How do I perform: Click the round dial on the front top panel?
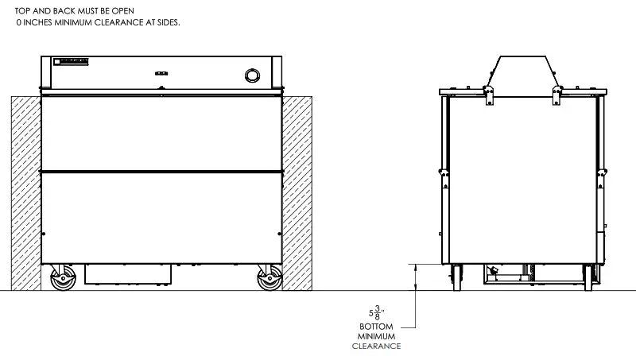point(253,75)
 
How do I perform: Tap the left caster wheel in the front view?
point(61,281)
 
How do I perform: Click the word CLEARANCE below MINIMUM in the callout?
point(378,346)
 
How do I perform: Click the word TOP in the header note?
point(23,10)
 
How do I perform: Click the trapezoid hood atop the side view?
point(522,72)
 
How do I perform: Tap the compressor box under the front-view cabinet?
point(127,275)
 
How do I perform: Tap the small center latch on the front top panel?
point(162,86)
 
